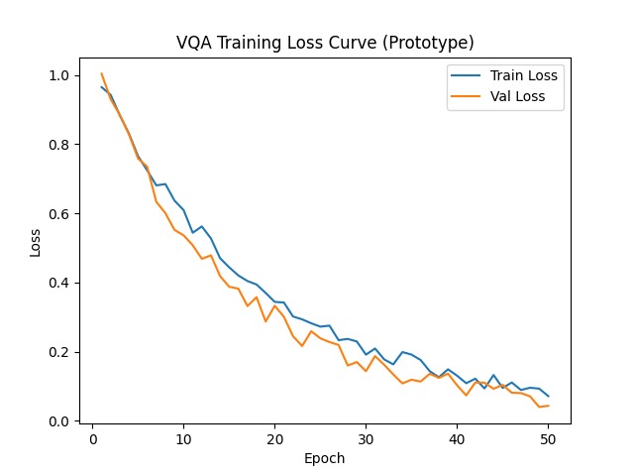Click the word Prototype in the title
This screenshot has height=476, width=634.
[428, 44]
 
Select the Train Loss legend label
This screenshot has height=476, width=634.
[524, 75]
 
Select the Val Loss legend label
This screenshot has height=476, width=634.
[517, 96]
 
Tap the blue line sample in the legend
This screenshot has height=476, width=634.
[466, 75]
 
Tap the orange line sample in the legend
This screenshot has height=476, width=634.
[466, 96]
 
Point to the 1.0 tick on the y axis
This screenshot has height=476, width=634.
[59, 75]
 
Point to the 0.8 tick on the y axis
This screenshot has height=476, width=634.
[59, 145]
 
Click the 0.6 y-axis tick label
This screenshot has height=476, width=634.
[59, 214]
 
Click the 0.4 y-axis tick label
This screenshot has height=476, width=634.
[59, 283]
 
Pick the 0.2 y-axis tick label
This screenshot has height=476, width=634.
[59, 352]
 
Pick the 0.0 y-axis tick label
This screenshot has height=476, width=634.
[59, 421]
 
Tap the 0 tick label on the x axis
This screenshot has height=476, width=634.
[93, 439]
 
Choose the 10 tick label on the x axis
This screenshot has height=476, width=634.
[184, 439]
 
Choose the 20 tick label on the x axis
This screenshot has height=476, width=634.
[275, 439]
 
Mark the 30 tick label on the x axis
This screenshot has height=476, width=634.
[366, 439]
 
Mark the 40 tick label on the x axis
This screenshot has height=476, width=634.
[457, 439]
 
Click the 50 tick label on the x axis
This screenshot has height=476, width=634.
[548, 439]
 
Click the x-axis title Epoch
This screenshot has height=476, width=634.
[324, 459]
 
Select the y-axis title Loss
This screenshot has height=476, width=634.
[36, 243]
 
